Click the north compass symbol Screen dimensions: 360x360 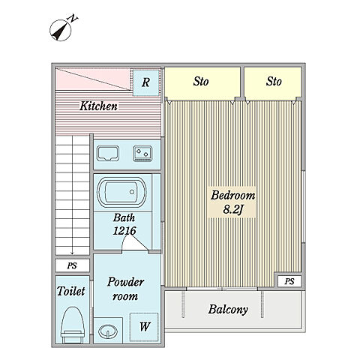[61, 30]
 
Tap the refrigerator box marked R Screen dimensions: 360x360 [146, 82]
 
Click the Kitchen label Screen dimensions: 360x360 [98, 106]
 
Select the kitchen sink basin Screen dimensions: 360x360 [108, 154]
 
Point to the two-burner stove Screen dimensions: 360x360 [142, 154]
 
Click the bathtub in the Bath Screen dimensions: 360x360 [121, 192]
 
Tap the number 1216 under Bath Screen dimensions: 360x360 [124, 231]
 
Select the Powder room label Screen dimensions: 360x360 [125, 289]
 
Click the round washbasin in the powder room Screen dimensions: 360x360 [108, 331]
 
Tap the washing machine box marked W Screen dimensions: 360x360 [145, 327]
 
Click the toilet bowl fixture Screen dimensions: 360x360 [73, 325]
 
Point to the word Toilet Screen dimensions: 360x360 [71, 291]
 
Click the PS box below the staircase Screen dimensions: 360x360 [72, 265]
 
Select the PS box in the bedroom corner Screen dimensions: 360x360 [289, 281]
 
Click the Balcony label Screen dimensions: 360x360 [228, 310]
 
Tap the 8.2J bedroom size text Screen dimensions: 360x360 [233, 209]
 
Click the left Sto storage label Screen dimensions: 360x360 [201, 82]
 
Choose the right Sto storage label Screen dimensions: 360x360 [274, 82]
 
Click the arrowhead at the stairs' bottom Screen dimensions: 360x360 [72, 253]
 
